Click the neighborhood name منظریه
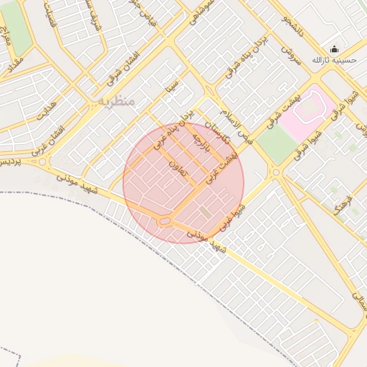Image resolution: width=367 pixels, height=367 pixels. [x=117, y=101]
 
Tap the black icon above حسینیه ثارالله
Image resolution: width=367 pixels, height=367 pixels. [x=333, y=49]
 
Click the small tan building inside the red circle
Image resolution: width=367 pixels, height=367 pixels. [x=206, y=212]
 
